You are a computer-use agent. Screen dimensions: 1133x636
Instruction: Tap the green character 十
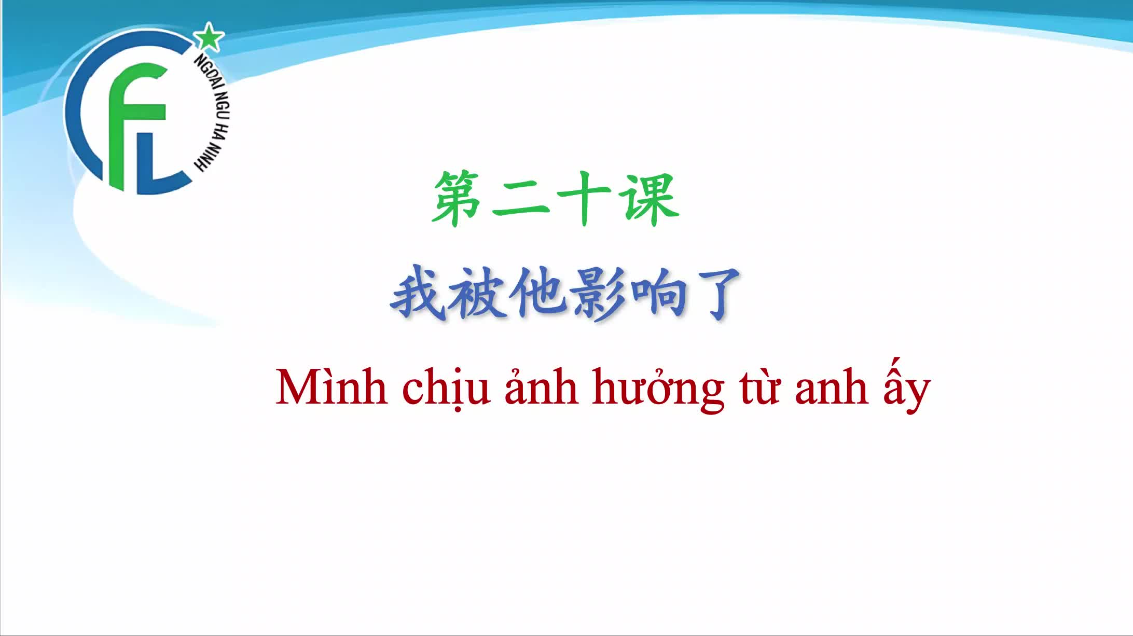[x=584, y=200]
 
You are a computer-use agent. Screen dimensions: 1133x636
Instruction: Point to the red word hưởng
[x=659, y=390]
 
